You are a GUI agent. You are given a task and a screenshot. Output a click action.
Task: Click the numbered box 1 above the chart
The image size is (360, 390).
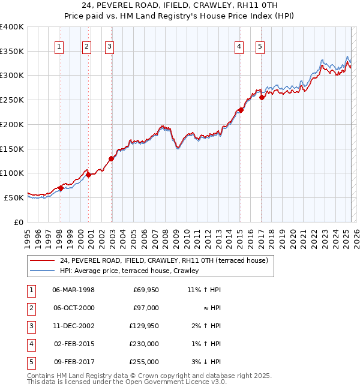[60, 47]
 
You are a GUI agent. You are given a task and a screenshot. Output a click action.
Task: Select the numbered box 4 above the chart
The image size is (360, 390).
[239, 47]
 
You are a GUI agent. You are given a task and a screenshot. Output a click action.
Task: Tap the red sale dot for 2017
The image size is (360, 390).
[262, 97]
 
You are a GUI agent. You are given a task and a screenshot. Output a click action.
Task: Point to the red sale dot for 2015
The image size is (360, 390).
[240, 110]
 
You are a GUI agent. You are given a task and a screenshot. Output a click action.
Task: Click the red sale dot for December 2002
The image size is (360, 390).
[112, 158]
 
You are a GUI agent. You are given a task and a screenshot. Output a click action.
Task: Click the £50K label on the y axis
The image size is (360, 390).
[14, 197]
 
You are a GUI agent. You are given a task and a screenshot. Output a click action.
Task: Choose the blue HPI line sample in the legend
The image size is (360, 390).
[41, 271]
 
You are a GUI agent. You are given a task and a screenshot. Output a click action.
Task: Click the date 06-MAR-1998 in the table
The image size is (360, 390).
[74, 290]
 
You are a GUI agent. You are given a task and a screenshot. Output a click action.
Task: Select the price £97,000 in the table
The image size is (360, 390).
[146, 308]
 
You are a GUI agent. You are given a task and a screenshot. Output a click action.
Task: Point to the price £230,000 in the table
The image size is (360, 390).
[144, 344]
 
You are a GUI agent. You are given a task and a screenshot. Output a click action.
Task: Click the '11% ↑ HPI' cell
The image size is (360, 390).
[204, 290]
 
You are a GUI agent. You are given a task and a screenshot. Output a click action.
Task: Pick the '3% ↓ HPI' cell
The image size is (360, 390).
[206, 362]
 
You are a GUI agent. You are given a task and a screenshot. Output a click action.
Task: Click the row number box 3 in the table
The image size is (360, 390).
[31, 326]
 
